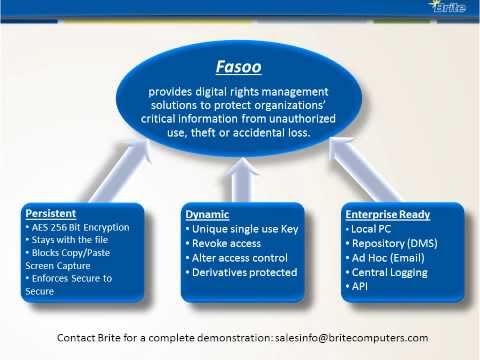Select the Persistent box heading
(x=52, y=213)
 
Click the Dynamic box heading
(x=207, y=214)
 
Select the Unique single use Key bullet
(x=243, y=229)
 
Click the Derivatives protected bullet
(x=244, y=272)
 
